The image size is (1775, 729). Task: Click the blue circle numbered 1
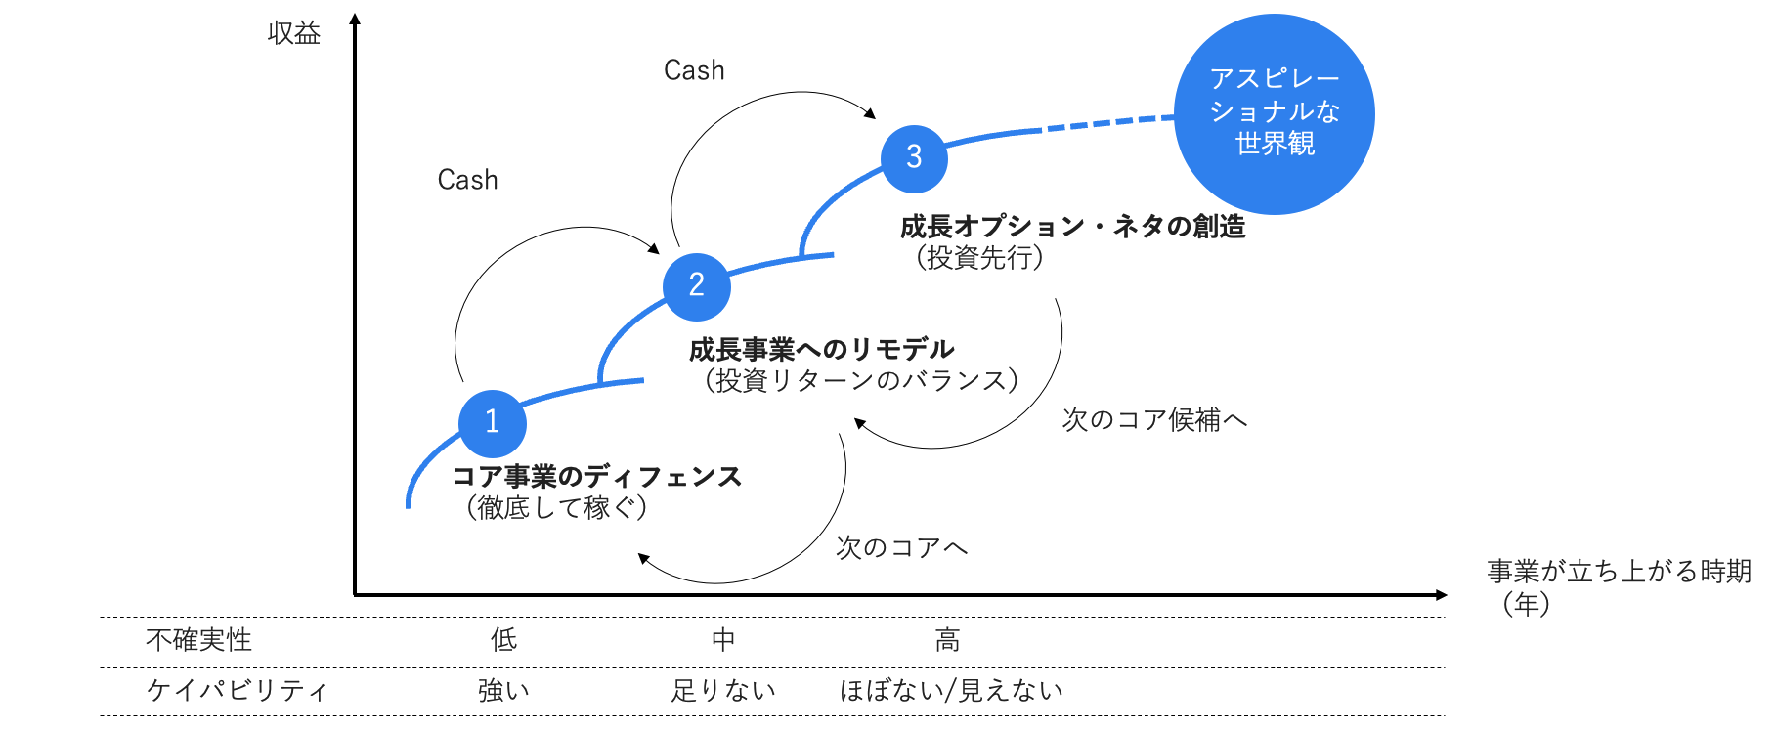pos(493,423)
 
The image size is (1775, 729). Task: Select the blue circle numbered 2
pos(696,286)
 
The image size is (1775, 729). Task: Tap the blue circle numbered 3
pos(914,158)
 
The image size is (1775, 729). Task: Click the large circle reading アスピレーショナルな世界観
pos(1274,113)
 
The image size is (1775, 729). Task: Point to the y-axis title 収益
pos(294,34)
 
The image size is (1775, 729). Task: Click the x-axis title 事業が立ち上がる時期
pos(1618,572)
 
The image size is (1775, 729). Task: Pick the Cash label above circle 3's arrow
pos(694,71)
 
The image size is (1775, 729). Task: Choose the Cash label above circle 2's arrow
pos(467,181)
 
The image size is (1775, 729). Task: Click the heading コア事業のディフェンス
pos(596,477)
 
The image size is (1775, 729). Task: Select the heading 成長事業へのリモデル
pos(821,349)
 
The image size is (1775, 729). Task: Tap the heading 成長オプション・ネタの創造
pos(1072,227)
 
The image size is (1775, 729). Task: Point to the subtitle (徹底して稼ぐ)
pos(556,508)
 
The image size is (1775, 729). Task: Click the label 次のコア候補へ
pos(1154,420)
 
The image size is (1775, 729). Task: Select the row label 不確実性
pos(198,641)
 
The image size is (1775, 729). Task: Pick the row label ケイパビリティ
pos(237,691)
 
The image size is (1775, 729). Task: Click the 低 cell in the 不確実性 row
pos(503,641)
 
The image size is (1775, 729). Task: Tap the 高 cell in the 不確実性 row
pos(947,641)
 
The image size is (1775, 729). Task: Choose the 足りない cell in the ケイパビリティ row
pos(723,691)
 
